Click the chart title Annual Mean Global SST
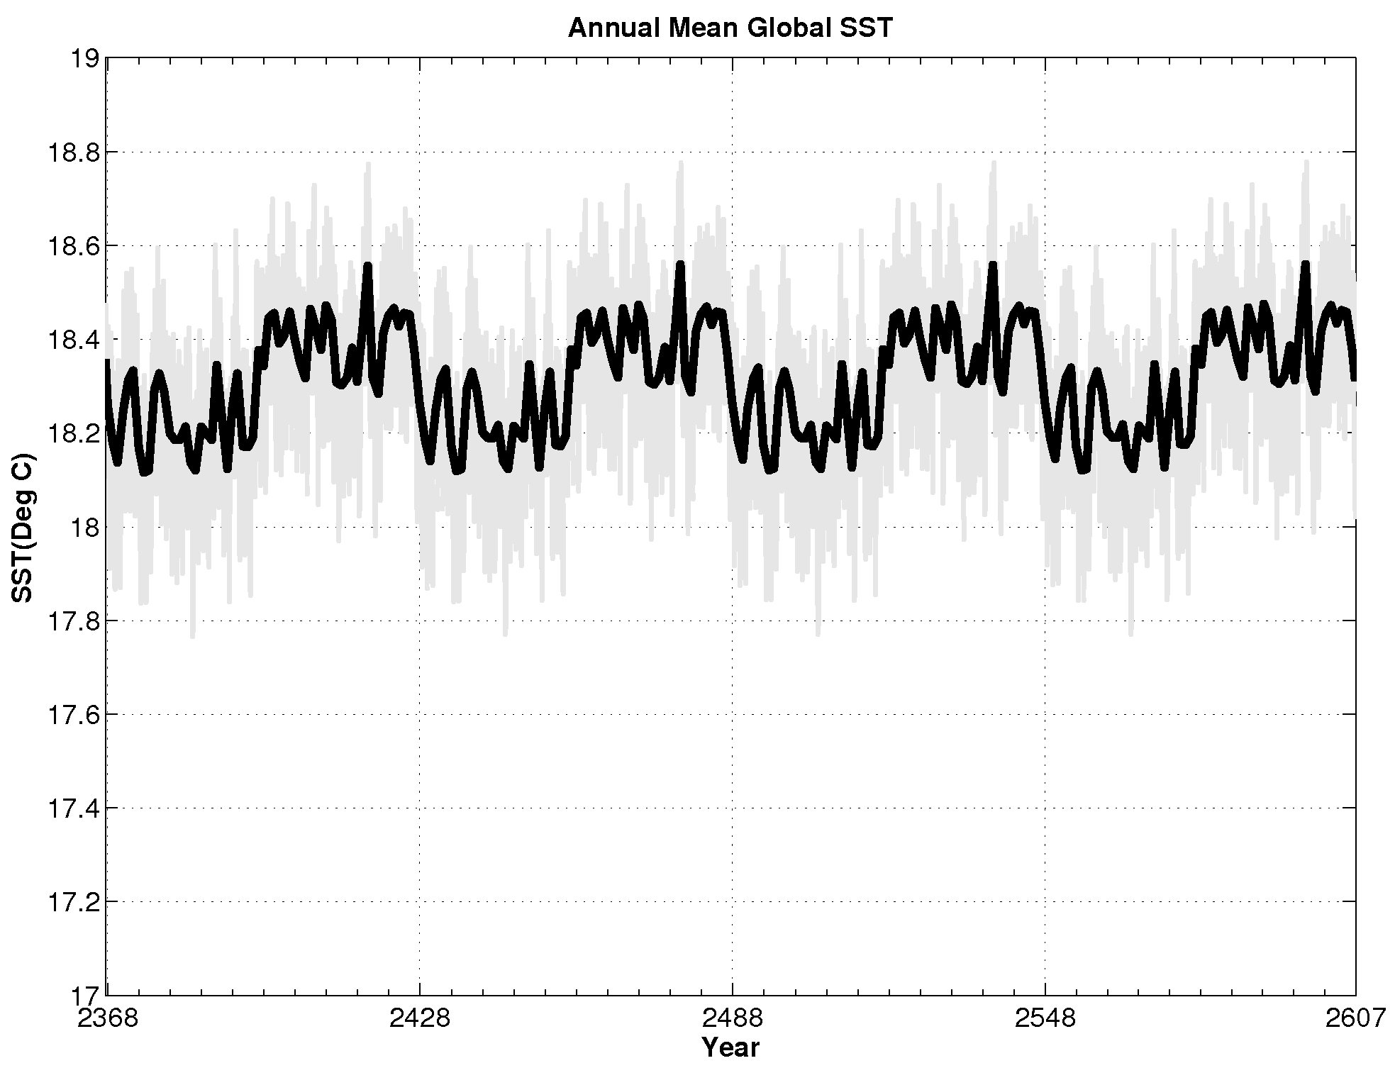click(730, 28)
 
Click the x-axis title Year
click(730, 1047)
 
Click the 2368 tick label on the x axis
click(106, 1019)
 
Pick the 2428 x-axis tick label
click(419, 1019)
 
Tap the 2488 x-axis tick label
click(732, 1019)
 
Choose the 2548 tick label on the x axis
click(1045, 1019)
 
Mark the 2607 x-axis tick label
click(1355, 1019)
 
